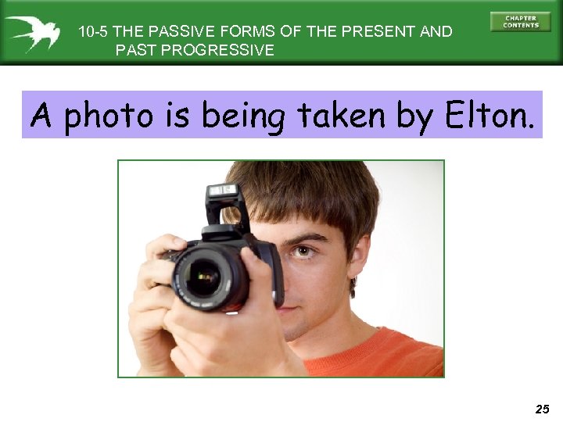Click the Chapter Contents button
tap(520, 21)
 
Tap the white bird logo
tap(32, 33)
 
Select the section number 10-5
tap(93, 32)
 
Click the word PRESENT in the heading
tap(376, 32)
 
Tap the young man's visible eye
tap(303, 251)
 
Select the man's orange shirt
tap(375, 356)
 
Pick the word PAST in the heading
tap(133, 51)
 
